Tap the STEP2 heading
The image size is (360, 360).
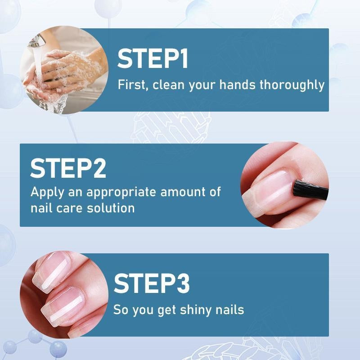(68, 168)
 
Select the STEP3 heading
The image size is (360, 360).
(152, 283)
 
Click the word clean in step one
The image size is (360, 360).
(166, 85)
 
